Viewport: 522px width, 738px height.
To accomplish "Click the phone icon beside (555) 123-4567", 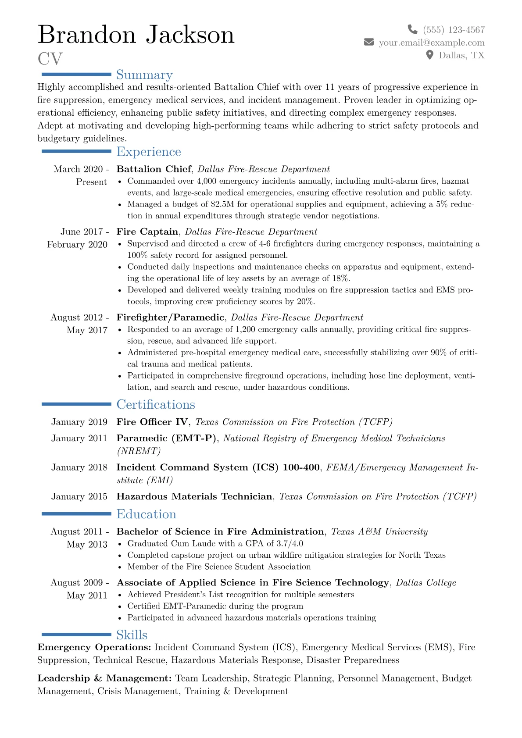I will click(x=412, y=29).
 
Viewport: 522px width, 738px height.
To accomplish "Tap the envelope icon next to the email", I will click(x=369, y=42).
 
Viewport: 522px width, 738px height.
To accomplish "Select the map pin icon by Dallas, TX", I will click(x=430, y=55).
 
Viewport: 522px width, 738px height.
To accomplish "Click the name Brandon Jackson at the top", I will click(x=136, y=35).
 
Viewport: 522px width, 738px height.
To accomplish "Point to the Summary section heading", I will click(x=144, y=75).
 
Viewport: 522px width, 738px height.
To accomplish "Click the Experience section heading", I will click(x=149, y=152).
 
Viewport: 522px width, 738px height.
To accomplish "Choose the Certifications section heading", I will click(x=156, y=404).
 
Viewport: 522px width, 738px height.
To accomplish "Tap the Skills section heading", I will click(x=132, y=635).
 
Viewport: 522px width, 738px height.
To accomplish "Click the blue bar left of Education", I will click(x=76, y=513).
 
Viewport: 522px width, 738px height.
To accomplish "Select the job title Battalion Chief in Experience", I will click(x=154, y=169).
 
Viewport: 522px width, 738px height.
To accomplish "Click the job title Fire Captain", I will click(x=147, y=232).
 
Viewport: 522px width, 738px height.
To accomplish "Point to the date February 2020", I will click(x=77, y=245).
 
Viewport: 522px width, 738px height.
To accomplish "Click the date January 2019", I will click(x=79, y=422).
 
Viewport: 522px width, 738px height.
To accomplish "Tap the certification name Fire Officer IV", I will click(x=152, y=422).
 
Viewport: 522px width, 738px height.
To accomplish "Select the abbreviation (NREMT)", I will click(x=139, y=451).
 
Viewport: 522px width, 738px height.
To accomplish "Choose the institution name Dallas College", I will click(x=426, y=583).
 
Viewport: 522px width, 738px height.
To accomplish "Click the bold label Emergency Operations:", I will click(x=94, y=648).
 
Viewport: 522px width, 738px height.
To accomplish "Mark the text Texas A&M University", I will click(x=379, y=532).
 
